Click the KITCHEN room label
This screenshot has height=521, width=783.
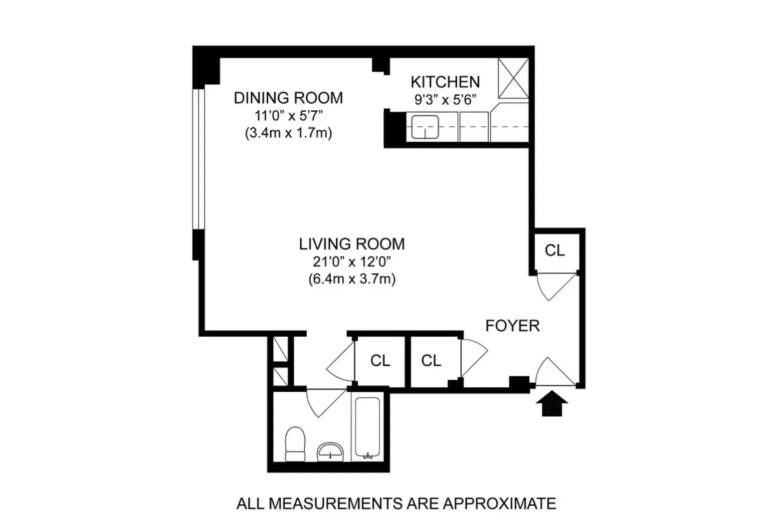pyautogui.click(x=445, y=82)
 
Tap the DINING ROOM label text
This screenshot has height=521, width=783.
pyautogui.click(x=288, y=98)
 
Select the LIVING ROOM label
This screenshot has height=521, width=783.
pyautogui.click(x=352, y=244)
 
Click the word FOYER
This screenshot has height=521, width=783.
pyautogui.click(x=512, y=326)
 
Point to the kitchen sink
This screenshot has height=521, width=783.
pyautogui.click(x=424, y=126)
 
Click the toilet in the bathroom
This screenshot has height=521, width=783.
pyautogui.click(x=295, y=444)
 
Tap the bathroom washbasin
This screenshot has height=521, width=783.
pyautogui.click(x=330, y=451)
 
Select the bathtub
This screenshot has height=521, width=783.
pyautogui.click(x=368, y=428)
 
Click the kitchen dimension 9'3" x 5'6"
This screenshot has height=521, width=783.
pyautogui.click(x=445, y=99)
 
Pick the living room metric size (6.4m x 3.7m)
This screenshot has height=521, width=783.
pyautogui.click(x=352, y=278)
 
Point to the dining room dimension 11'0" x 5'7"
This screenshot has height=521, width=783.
pyautogui.click(x=288, y=116)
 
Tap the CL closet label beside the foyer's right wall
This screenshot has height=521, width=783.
pyautogui.click(x=555, y=250)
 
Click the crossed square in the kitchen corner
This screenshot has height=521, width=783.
pyautogui.click(x=513, y=78)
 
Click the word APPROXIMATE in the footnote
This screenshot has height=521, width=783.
pyautogui.click(x=499, y=504)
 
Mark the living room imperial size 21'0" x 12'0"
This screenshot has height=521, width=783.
pyautogui.click(x=352, y=261)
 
